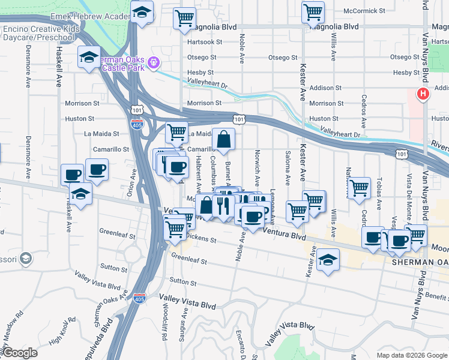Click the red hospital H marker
pos(423,94)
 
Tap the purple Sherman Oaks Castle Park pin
pos(154,61)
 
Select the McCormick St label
pos(364,11)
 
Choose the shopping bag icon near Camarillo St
pos(223,140)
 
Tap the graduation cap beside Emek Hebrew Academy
pos(142,12)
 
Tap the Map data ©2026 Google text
pos(412,355)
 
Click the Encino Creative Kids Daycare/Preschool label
pos(40,33)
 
